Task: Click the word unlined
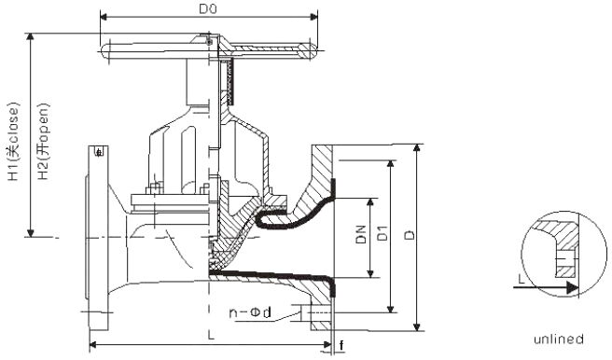tap(559, 338)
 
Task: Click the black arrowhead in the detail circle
tap(567, 289)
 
